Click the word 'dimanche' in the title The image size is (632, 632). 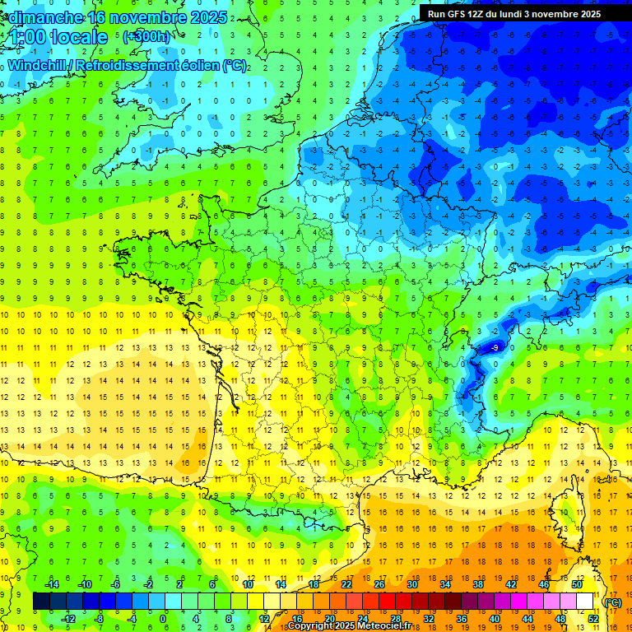point(43,16)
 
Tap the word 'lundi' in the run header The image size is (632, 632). point(527,14)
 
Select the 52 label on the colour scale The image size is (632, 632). point(592,619)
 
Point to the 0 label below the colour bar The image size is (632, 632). point(163,619)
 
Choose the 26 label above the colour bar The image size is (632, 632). point(379,584)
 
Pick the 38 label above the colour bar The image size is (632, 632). point(477,584)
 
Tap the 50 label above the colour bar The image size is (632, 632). point(576,584)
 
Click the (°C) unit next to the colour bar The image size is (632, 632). point(612,602)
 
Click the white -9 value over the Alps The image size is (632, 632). point(495,348)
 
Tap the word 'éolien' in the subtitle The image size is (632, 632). point(197,65)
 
